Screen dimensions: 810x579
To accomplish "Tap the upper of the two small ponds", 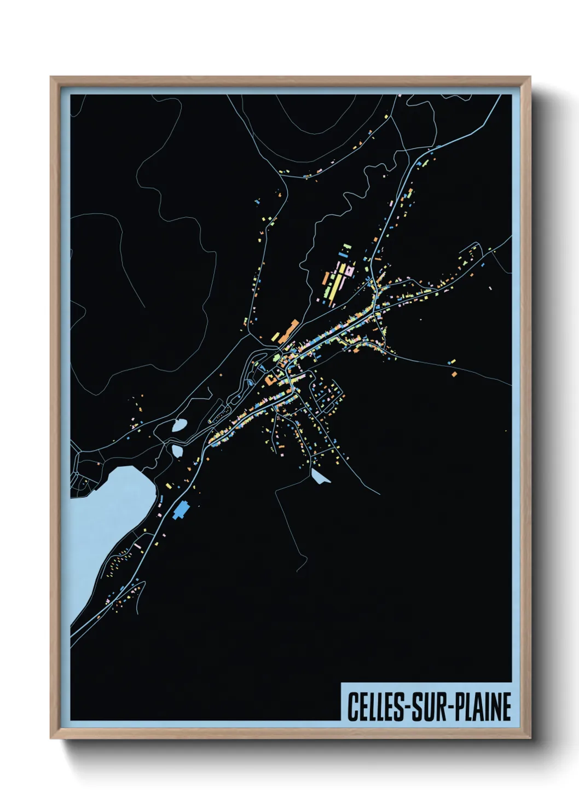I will pos(179,425).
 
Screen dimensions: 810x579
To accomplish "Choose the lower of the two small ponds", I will pos(177,450).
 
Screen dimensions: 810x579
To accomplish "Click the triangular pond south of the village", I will pos(319,477).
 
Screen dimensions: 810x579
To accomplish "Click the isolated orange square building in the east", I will pos(454,374).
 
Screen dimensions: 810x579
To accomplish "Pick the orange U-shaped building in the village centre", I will pos(271,379).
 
